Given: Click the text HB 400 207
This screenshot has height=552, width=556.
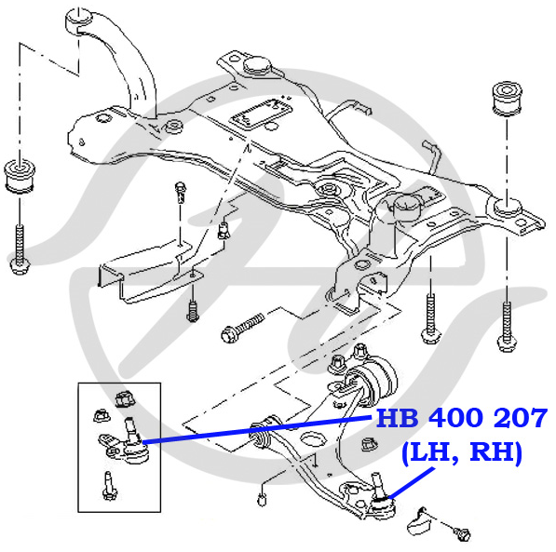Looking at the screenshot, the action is pyautogui.click(x=462, y=418).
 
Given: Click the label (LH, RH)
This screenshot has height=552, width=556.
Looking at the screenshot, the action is pyautogui.click(x=462, y=452).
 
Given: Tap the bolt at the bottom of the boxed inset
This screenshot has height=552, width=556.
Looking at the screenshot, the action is pyautogui.click(x=109, y=486).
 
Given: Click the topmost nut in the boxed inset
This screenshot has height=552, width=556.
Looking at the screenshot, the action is pyautogui.click(x=126, y=398).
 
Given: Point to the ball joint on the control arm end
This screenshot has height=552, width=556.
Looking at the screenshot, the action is pyautogui.click(x=381, y=497).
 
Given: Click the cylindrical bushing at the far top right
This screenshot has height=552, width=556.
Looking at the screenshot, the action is pyautogui.click(x=508, y=99).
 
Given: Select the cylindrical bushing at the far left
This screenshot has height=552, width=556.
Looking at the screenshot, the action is pyautogui.click(x=20, y=177).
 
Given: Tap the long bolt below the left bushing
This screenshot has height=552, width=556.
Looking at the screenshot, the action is pyautogui.click(x=20, y=249).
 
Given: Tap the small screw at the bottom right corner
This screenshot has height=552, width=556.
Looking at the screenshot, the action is pyautogui.click(x=462, y=532).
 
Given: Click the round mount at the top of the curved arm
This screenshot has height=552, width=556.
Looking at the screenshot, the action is pyautogui.click(x=79, y=21).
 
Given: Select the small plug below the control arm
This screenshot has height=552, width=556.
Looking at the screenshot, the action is pyautogui.click(x=262, y=500).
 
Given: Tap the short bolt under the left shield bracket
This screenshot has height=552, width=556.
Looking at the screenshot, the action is pyautogui.click(x=192, y=311).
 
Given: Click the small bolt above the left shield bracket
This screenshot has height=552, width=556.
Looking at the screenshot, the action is pyautogui.click(x=181, y=192).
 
